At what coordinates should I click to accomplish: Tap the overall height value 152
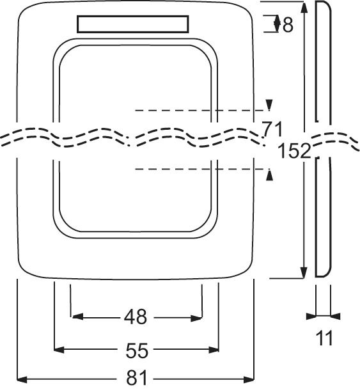[295, 151]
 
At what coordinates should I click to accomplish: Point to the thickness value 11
[325, 338]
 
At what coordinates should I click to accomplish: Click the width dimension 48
[136, 317]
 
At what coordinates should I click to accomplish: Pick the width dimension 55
[137, 350]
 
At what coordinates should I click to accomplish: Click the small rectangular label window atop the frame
[132, 24]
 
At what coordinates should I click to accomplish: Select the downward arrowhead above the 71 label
[269, 104]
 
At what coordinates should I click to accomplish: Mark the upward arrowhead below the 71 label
[269, 175]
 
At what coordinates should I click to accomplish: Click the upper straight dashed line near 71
[198, 111]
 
